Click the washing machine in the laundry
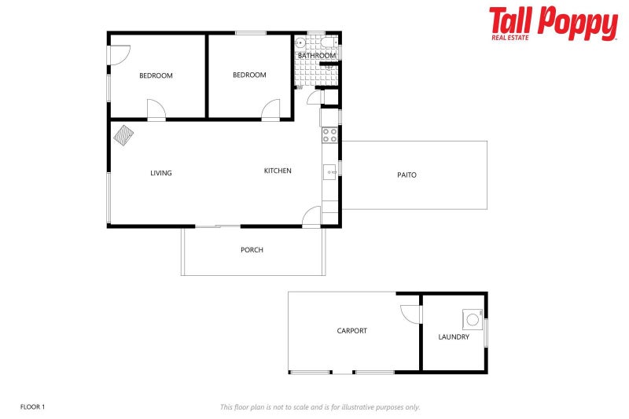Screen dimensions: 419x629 (x=473, y=318)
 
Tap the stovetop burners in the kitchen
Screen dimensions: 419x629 (x=329, y=135)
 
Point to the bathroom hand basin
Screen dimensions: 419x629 (x=301, y=44)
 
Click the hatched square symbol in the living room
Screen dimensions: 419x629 (x=123, y=134)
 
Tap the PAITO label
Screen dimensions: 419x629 (x=406, y=175)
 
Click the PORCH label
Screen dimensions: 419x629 (x=252, y=250)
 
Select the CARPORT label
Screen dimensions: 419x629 (x=351, y=331)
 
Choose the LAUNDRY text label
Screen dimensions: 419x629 (x=454, y=337)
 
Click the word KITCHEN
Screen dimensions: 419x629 (x=278, y=171)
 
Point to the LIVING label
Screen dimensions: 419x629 (x=161, y=173)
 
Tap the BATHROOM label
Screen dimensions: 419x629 (x=316, y=56)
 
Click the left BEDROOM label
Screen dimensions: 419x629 (x=156, y=75)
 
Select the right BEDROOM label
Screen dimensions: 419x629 (x=249, y=75)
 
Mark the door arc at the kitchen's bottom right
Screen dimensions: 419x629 (x=311, y=216)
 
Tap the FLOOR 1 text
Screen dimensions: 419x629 (x=32, y=406)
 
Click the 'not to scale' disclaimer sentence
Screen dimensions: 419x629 (x=319, y=406)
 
